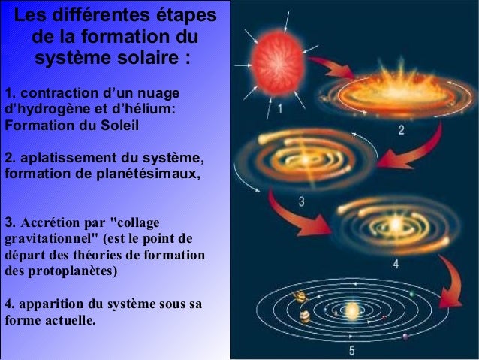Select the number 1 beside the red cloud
tap(280, 110)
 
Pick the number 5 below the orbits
tap(351, 350)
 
